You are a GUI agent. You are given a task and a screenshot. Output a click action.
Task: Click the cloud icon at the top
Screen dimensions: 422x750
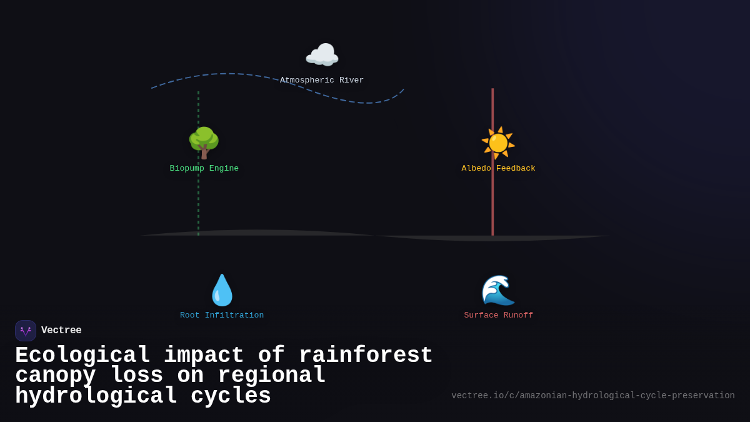coord(322,55)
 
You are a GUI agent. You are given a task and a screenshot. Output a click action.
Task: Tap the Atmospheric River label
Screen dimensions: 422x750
coord(322,81)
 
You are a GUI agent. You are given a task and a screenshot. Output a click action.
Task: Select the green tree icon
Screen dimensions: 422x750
coord(204,143)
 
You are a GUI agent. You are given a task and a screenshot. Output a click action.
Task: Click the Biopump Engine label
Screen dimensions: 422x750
coord(204,169)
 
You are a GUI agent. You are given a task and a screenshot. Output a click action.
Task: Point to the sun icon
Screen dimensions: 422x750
coord(498,143)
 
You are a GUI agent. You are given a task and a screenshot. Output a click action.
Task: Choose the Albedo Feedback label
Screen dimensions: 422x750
coord(499,169)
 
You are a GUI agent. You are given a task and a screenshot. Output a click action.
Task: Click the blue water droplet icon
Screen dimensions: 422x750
coord(222,290)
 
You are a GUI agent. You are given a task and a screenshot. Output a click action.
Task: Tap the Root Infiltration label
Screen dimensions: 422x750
coord(222,316)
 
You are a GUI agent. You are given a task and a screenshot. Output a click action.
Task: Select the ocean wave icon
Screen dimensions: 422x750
coord(498,290)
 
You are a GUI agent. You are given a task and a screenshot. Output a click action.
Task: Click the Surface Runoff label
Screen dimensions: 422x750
coord(499,316)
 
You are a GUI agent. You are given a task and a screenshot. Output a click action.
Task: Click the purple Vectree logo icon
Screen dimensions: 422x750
coord(26,331)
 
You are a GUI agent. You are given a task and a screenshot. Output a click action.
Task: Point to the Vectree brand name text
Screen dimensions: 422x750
coord(61,331)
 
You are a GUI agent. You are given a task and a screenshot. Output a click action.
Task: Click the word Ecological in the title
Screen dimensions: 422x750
coord(82,356)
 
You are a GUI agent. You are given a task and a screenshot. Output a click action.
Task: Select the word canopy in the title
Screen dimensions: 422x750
coord(56,376)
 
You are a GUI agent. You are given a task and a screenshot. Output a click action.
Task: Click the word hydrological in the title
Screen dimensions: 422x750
coord(96,396)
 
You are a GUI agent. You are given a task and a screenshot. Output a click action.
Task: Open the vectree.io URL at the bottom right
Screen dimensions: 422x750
coord(592,396)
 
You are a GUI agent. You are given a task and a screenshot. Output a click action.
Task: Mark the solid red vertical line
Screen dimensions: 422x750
coord(492,200)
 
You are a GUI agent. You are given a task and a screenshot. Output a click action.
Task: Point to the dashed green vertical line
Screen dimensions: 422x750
coord(199,200)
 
